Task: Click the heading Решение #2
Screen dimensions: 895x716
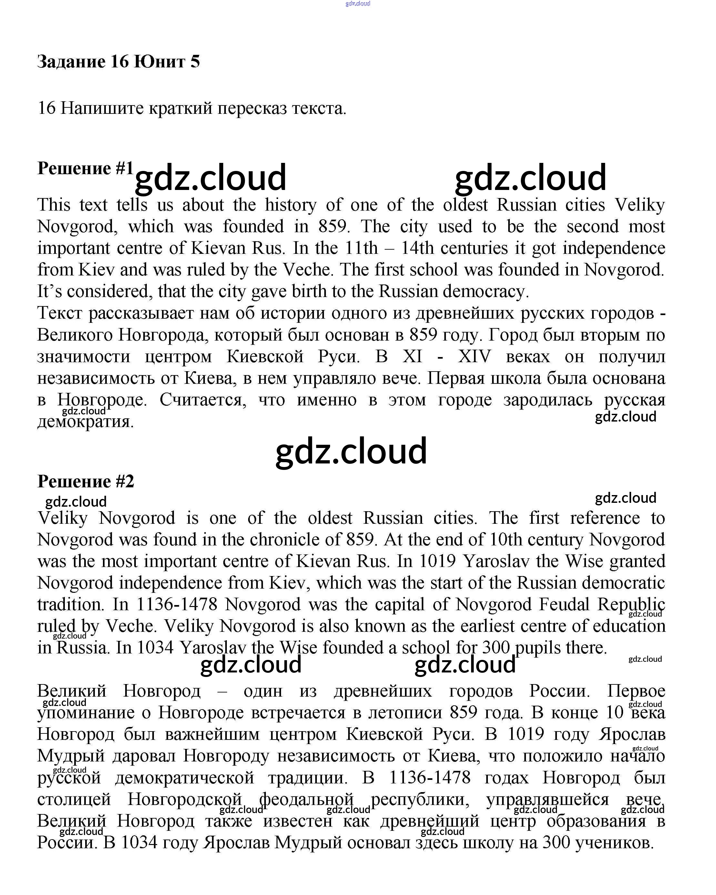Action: (86, 482)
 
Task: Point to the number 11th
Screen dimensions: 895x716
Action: (361, 248)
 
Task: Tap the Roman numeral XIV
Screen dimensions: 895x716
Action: (475, 357)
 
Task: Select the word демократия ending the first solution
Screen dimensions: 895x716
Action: (86, 422)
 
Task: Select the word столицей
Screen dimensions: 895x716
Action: (74, 799)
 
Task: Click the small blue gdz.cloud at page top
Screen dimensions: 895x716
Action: (358, 4)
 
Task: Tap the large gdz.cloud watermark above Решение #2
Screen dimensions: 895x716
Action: (351, 451)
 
